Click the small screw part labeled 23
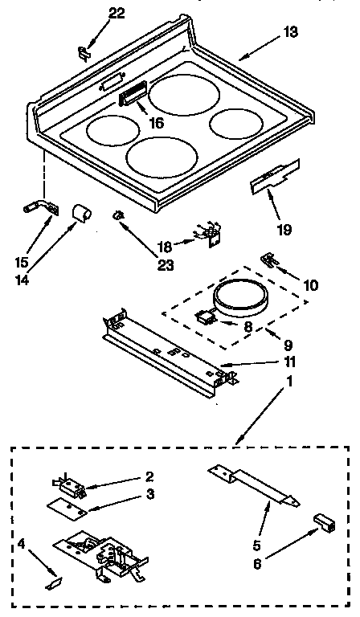click(117, 215)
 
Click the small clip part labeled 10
click(269, 259)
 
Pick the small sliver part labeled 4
click(54, 571)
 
